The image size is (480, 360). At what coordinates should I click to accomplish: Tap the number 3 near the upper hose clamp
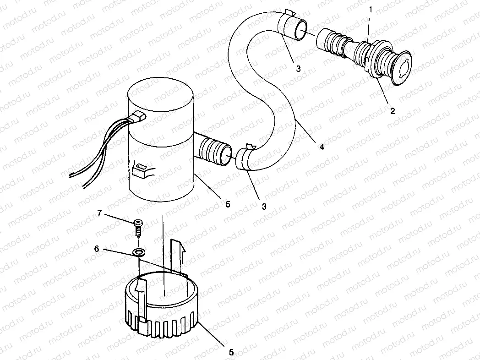(298, 69)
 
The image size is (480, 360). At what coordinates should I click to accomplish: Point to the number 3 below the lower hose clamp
(264, 206)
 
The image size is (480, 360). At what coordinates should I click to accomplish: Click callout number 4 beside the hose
(322, 147)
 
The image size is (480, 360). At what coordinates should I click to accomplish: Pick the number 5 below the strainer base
(231, 352)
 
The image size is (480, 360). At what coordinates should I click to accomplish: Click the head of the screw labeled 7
(138, 223)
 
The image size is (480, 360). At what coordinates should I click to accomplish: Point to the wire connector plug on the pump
(137, 118)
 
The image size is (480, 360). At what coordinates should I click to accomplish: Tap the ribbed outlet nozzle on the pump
(213, 152)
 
